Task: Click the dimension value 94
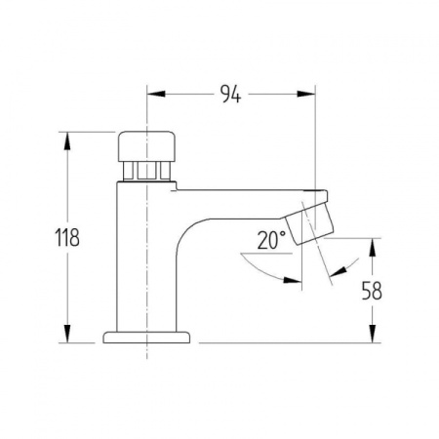coord(231,94)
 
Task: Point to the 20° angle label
coord(272,238)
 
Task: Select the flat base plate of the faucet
coord(147,337)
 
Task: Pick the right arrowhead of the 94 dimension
coord(310,94)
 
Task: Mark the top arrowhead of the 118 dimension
coord(67,138)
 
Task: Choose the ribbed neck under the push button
coord(146,173)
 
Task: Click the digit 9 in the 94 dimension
coord(225,94)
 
